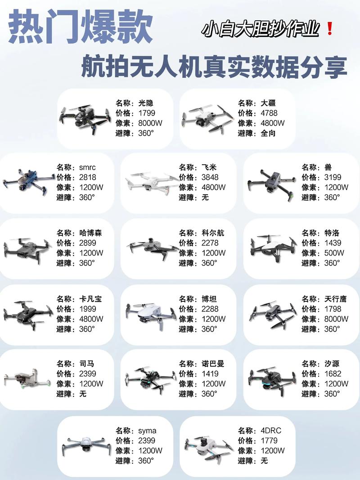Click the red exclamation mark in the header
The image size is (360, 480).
[x=329, y=29]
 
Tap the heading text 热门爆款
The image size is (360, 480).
[x=81, y=28]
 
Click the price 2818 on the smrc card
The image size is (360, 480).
[x=88, y=177]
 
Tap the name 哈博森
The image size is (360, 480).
[x=91, y=233]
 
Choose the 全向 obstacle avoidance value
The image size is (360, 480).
[x=268, y=133]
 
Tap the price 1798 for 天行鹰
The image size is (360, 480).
[x=333, y=309]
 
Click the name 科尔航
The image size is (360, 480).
[x=213, y=233]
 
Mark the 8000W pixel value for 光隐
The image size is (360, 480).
[x=150, y=123]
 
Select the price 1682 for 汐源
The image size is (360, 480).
[x=333, y=373]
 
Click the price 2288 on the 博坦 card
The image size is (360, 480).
[x=210, y=309]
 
